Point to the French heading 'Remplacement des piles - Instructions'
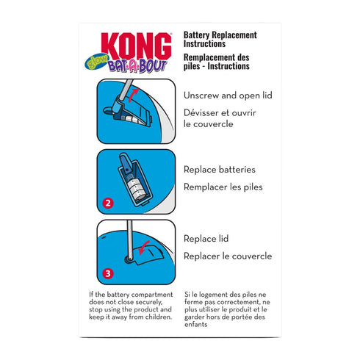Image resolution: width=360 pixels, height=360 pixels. (x=221, y=60)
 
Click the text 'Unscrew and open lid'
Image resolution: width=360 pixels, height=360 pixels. (x=228, y=95)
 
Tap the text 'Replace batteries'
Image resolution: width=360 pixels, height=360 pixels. (x=220, y=170)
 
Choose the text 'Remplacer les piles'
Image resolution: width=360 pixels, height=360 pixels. (x=223, y=187)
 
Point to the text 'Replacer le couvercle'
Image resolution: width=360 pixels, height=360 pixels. (x=227, y=256)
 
